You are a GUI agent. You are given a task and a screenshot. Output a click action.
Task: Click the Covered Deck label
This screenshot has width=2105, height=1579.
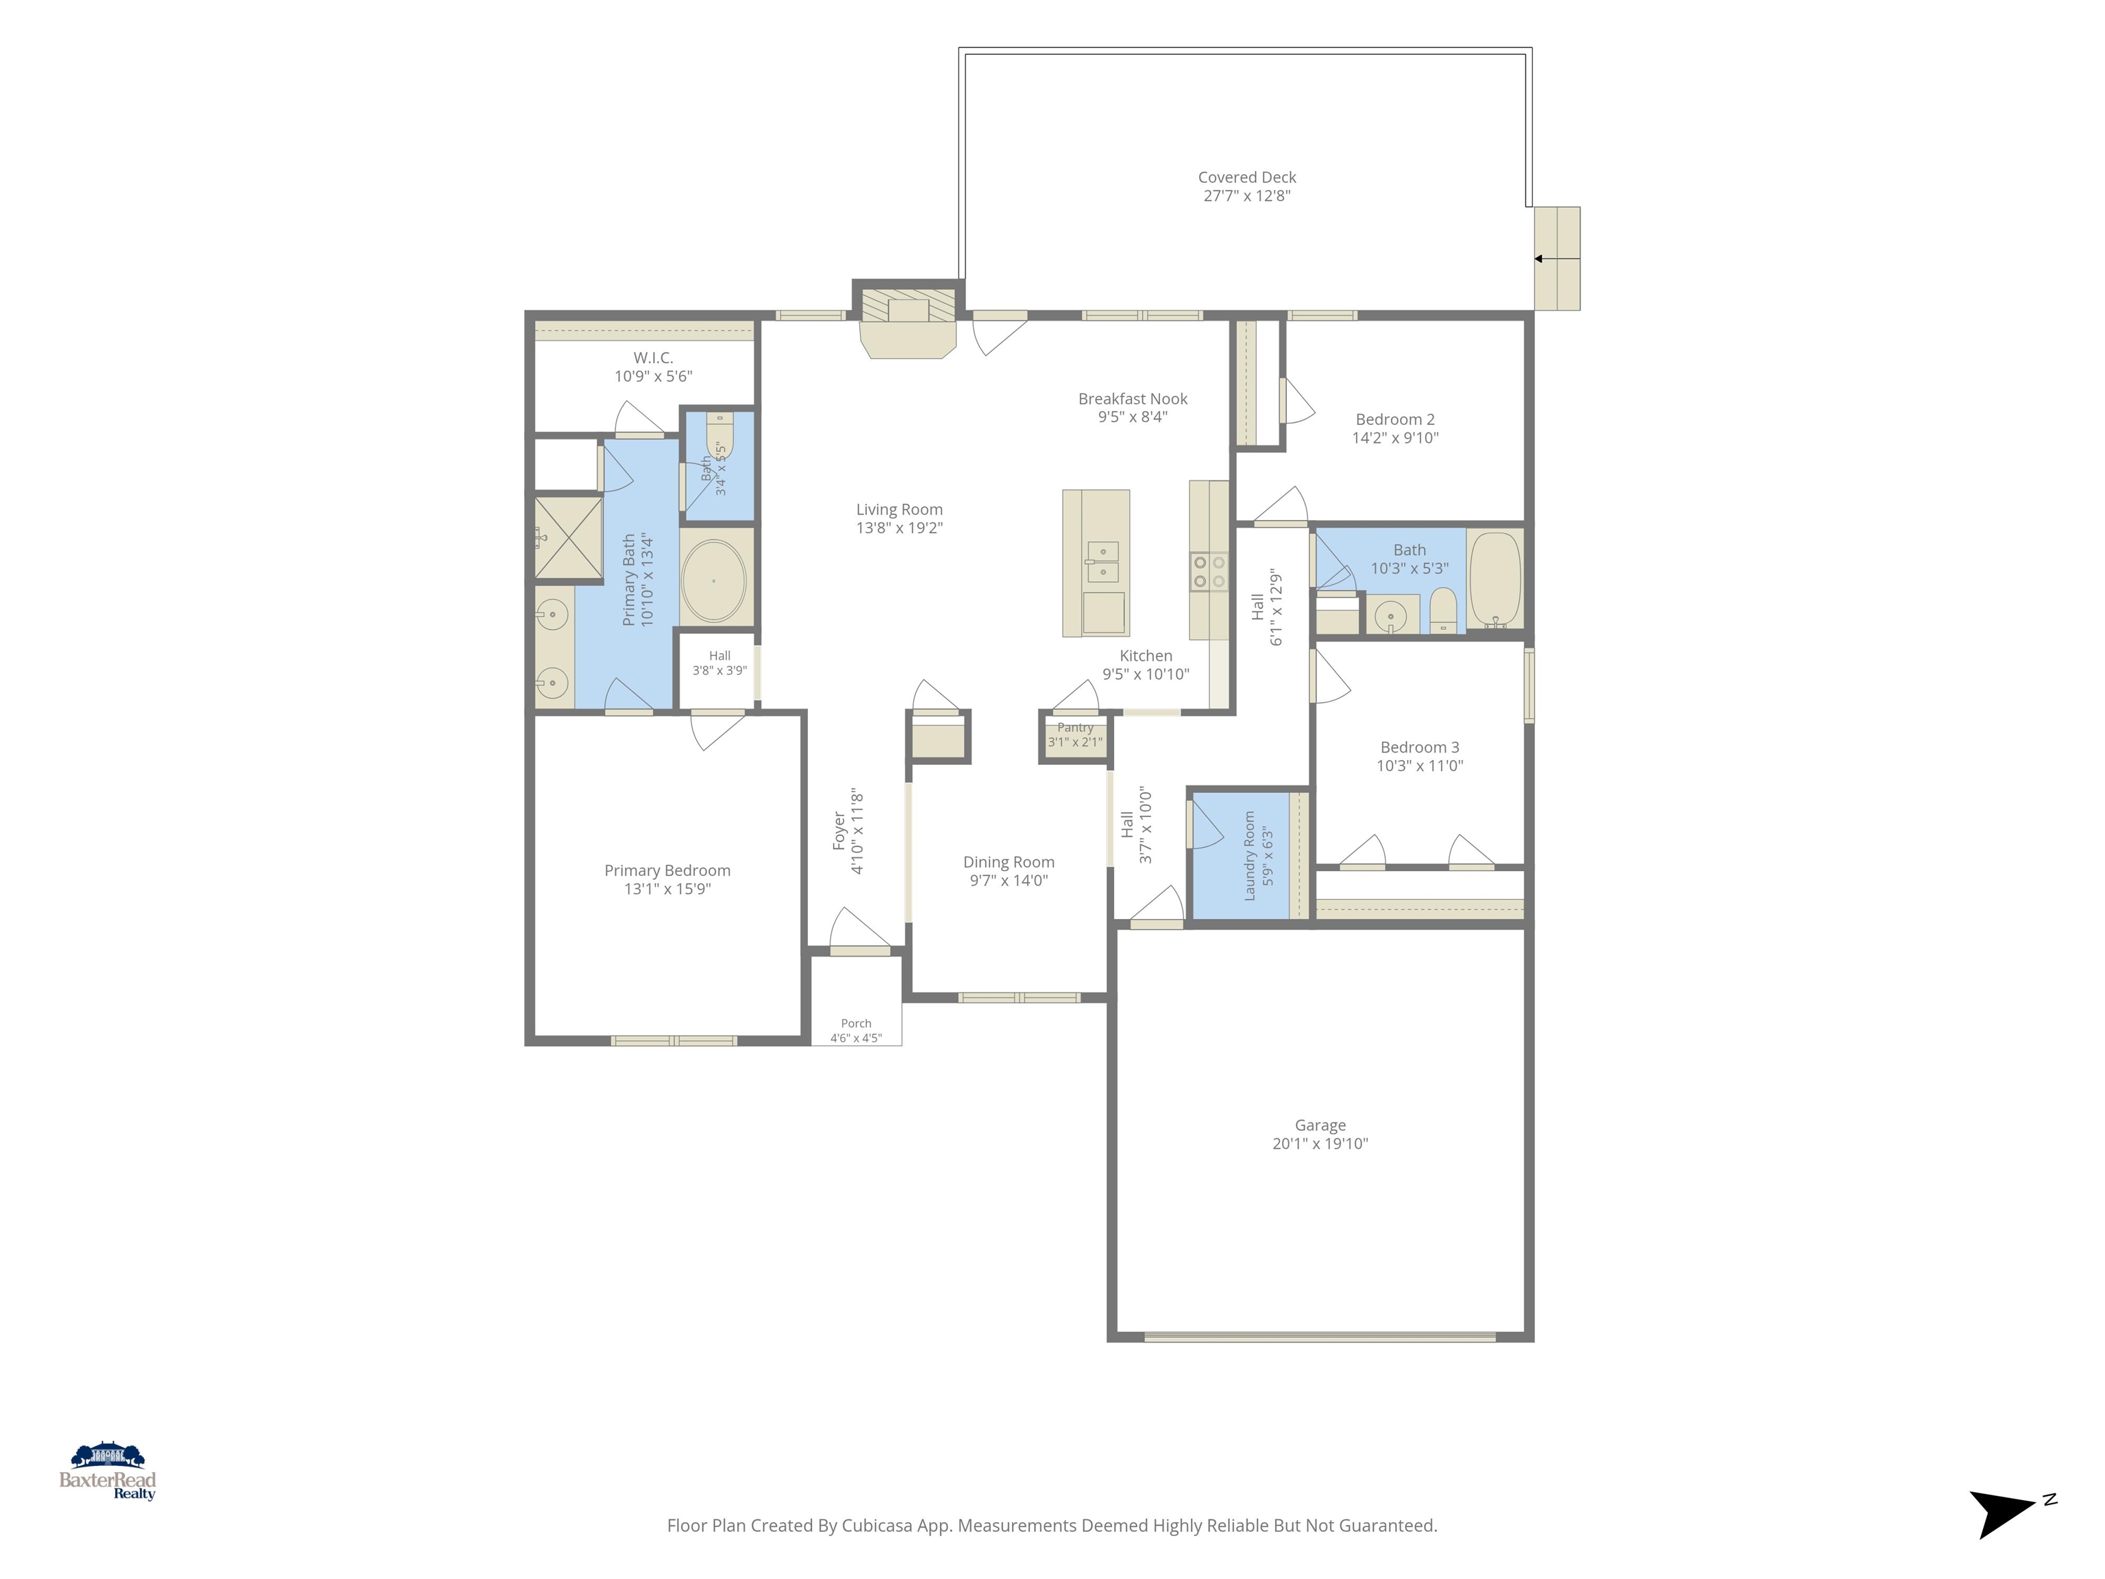tap(1246, 177)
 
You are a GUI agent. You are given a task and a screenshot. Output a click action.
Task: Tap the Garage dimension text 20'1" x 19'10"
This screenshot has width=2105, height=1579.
tap(1320, 1144)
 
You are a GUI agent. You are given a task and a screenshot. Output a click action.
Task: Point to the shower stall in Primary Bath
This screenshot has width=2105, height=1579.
tap(568, 538)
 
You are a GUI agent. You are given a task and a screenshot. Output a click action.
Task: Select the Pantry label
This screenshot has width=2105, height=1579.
tap(1075, 727)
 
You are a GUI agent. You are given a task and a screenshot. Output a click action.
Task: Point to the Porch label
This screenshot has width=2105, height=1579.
tap(857, 1023)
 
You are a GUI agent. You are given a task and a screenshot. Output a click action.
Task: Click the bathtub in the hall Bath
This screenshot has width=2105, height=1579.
tap(1495, 578)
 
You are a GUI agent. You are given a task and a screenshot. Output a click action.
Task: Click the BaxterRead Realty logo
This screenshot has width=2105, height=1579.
tap(108, 1471)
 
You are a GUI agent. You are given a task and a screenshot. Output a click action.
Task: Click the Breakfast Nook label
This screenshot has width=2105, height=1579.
tap(1133, 399)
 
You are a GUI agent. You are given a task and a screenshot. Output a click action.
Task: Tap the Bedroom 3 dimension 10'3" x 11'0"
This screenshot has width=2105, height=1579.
tap(1420, 766)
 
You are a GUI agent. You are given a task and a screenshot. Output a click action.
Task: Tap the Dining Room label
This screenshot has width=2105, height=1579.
tap(1009, 862)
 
